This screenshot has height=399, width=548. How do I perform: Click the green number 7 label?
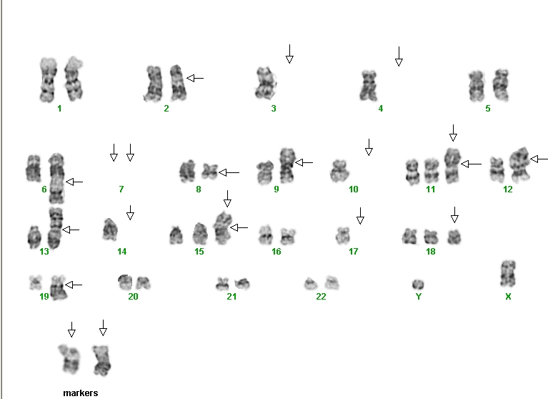point(121,189)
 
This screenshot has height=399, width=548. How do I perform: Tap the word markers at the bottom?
point(81,393)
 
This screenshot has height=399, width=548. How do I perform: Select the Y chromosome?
point(418,285)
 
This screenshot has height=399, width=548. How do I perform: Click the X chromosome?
point(508,273)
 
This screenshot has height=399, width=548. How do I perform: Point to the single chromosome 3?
point(266,83)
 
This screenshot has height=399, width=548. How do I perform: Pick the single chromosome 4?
point(369,85)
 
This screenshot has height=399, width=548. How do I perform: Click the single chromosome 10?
point(339,171)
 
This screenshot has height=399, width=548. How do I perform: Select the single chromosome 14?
point(111,230)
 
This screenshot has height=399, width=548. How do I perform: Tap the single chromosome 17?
point(343,235)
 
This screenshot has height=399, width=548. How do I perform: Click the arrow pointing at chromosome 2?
point(195,78)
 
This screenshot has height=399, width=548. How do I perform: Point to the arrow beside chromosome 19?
point(74,285)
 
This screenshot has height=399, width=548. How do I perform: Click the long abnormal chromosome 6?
point(56,178)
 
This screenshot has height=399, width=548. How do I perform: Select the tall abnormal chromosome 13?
point(55,228)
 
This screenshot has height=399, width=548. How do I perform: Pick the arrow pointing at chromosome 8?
point(229,172)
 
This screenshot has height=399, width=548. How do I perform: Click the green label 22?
point(321,297)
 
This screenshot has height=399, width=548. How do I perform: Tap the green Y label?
point(419,297)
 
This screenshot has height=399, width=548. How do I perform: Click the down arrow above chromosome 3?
point(289,54)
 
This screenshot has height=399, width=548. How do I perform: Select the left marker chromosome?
point(69,359)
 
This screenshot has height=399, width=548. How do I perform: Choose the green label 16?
point(276,252)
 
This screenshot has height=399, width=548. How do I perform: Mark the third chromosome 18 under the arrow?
point(454,237)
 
